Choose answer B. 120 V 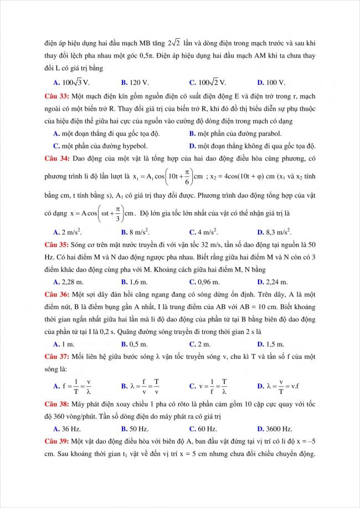(x=135, y=83)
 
